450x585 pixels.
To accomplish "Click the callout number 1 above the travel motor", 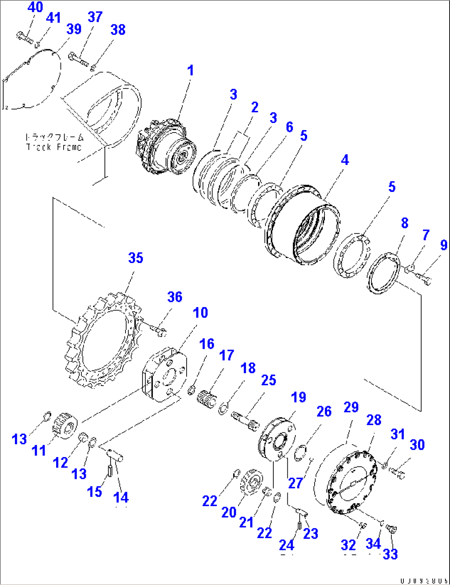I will tap(190, 71).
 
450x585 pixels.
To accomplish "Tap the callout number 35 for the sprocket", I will tap(136, 258).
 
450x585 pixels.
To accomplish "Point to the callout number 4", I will tap(345, 160).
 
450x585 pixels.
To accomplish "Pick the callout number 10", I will tap(201, 313).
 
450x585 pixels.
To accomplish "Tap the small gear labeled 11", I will tap(64, 425).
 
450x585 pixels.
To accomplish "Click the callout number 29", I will tap(351, 407).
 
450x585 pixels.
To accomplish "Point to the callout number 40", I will tap(36, 7).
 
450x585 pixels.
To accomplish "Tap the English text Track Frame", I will tap(54, 147).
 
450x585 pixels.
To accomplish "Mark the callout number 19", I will tap(298, 397).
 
